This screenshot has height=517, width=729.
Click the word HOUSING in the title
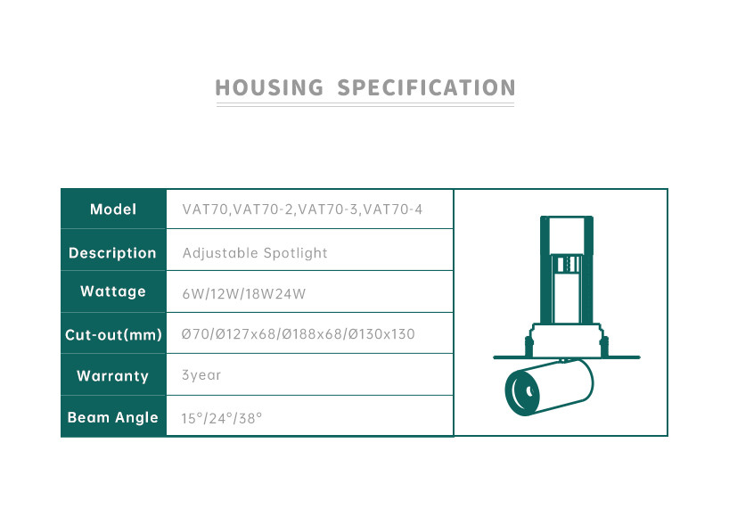point(269,88)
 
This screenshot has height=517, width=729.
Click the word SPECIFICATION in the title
point(427,88)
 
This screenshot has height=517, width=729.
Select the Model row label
point(113,209)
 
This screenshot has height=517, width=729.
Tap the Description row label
point(112,253)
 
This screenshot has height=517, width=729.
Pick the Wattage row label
point(113,291)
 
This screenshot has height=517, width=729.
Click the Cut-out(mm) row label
point(113,334)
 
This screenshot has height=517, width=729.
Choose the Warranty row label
point(112,375)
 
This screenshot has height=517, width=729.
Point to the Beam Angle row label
point(113,417)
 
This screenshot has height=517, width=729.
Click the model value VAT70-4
point(393,209)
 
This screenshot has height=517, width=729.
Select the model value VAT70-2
point(263,209)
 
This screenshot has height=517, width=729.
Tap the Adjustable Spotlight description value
point(255,253)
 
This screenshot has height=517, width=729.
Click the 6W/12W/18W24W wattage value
point(244,294)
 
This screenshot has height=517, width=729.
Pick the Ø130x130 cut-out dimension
point(381,334)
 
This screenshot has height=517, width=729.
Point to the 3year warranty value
point(201,375)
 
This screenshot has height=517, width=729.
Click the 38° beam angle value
point(250,418)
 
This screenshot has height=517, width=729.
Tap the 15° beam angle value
point(192,418)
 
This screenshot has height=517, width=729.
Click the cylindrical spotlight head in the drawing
point(549,387)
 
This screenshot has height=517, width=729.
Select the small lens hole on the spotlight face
point(529,391)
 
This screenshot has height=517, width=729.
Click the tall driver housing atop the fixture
point(567,270)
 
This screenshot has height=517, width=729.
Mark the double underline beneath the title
point(365,105)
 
